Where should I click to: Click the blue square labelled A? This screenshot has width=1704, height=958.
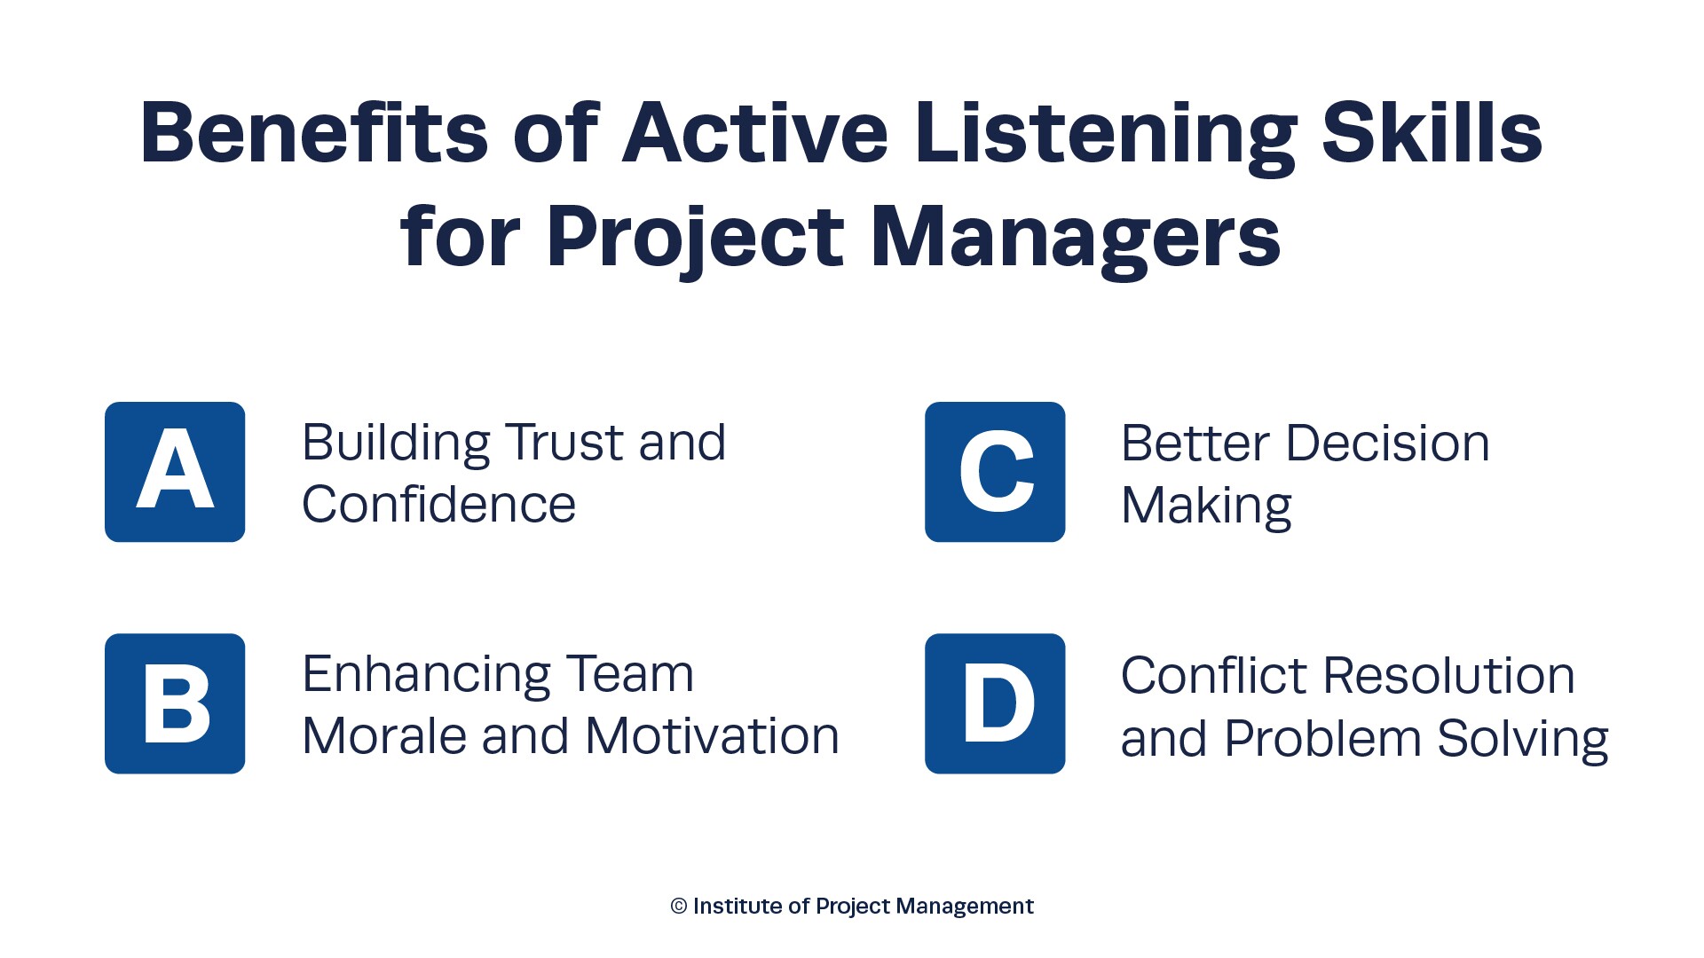click(175, 472)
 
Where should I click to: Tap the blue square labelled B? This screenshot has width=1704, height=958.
click(175, 703)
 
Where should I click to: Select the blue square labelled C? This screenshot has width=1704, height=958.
click(995, 472)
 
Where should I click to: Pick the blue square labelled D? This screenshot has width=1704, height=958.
click(995, 703)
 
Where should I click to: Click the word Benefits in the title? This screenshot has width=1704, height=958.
click(314, 133)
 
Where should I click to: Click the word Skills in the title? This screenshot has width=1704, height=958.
click(1432, 133)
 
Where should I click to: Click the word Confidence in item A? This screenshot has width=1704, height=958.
click(438, 504)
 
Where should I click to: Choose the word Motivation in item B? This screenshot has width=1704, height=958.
click(712, 735)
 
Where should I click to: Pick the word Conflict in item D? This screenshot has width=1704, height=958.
click(1214, 675)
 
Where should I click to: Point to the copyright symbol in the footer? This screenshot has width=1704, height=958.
click(679, 906)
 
